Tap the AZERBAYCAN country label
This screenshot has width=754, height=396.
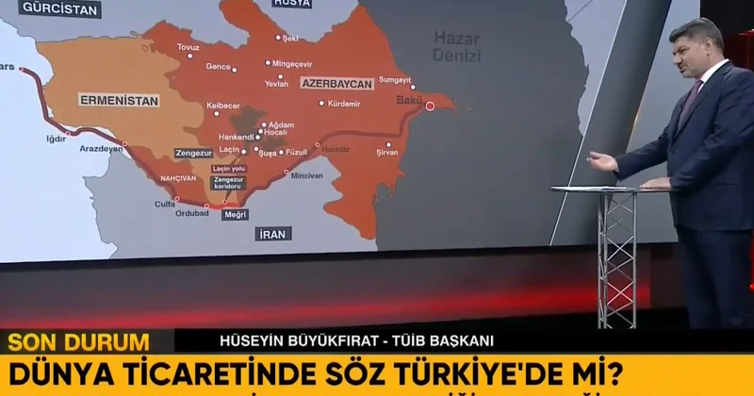(336, 83)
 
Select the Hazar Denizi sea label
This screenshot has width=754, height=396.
(456, 46)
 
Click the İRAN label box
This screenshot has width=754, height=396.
(273, 233)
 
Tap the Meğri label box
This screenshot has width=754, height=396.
(235, 214)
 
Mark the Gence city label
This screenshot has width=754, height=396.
(219, 68)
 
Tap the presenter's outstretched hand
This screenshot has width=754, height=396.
(601, 161)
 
